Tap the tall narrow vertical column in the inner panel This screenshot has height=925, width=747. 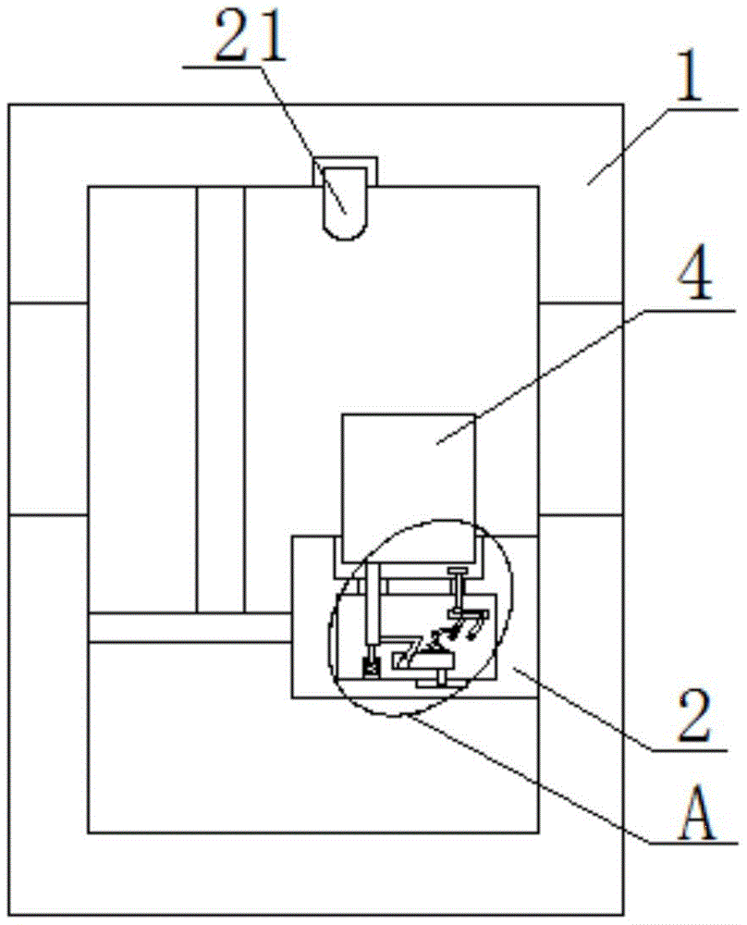[221, 398]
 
